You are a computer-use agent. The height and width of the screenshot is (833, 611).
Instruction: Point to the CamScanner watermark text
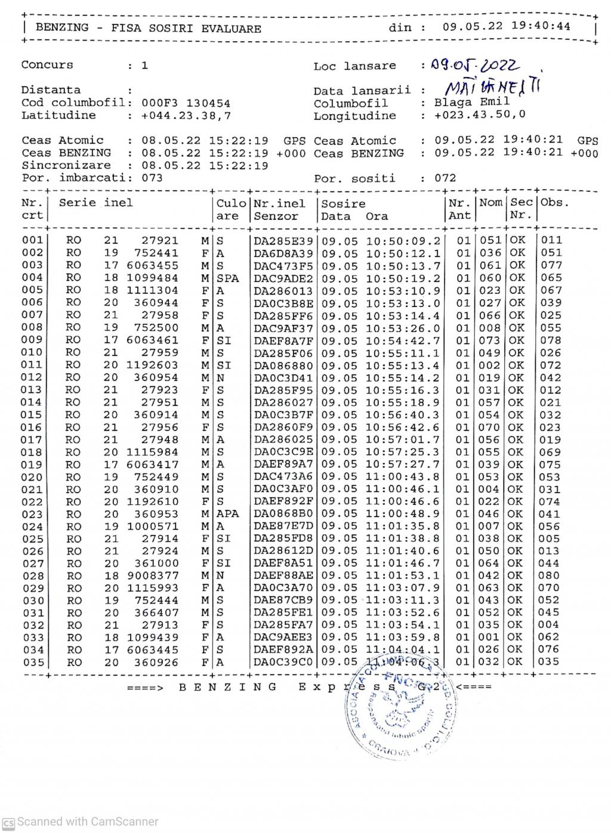pos(87,821)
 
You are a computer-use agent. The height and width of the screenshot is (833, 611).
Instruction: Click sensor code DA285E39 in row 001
pos(283,240)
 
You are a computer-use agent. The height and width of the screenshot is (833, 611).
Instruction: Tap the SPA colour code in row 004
pos(227,278)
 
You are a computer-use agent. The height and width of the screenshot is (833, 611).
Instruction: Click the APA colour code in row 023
pos(227,514)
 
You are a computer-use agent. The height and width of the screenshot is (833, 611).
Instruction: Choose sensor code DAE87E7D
pos(283,527)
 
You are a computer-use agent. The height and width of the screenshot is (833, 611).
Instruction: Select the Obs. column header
pos(554,202)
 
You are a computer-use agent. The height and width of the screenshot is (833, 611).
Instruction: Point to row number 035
pos(32,662)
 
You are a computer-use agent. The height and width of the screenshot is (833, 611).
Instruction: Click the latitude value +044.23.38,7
pos(186,116)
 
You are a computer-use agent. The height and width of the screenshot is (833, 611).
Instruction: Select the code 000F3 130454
pos(186,103)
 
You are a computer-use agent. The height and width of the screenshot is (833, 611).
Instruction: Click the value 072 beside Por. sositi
pos(445,178)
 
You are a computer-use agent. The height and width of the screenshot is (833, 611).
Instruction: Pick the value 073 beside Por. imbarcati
pos(152,178)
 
